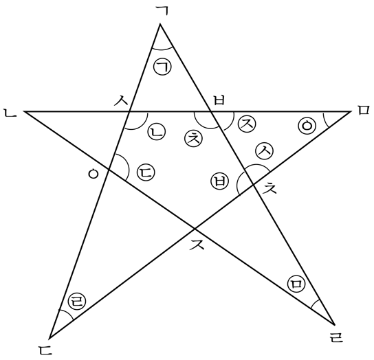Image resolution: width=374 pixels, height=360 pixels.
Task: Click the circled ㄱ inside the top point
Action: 162,67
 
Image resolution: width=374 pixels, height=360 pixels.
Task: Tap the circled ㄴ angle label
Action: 157,133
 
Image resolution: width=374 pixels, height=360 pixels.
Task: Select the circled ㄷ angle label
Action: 146,172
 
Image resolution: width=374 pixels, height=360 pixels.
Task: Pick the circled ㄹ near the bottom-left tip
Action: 77,301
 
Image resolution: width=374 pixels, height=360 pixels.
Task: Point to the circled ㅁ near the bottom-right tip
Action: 296,284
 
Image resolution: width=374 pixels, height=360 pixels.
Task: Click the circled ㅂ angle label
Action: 220,181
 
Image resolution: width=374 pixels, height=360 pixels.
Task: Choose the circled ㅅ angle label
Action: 265,151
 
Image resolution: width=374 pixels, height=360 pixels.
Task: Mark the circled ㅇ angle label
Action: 307,125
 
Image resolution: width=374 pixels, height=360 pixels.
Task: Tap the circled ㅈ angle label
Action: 247,124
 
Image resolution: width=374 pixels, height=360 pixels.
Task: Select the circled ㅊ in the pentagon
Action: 193,138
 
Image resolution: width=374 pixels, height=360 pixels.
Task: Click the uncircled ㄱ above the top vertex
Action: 162,11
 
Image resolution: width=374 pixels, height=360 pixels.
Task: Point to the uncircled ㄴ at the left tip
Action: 10,113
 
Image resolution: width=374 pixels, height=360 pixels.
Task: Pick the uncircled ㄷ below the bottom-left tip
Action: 45,349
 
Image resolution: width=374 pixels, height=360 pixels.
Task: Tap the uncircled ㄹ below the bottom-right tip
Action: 336,337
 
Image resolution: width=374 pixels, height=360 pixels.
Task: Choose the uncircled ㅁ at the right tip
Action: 364,111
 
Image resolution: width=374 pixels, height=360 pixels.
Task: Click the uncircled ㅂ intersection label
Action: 219,100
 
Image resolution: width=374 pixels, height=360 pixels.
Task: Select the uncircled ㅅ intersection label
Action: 122,101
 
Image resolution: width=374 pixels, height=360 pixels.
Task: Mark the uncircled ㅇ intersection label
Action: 93,174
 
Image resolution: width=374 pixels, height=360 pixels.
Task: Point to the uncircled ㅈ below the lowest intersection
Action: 197,245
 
